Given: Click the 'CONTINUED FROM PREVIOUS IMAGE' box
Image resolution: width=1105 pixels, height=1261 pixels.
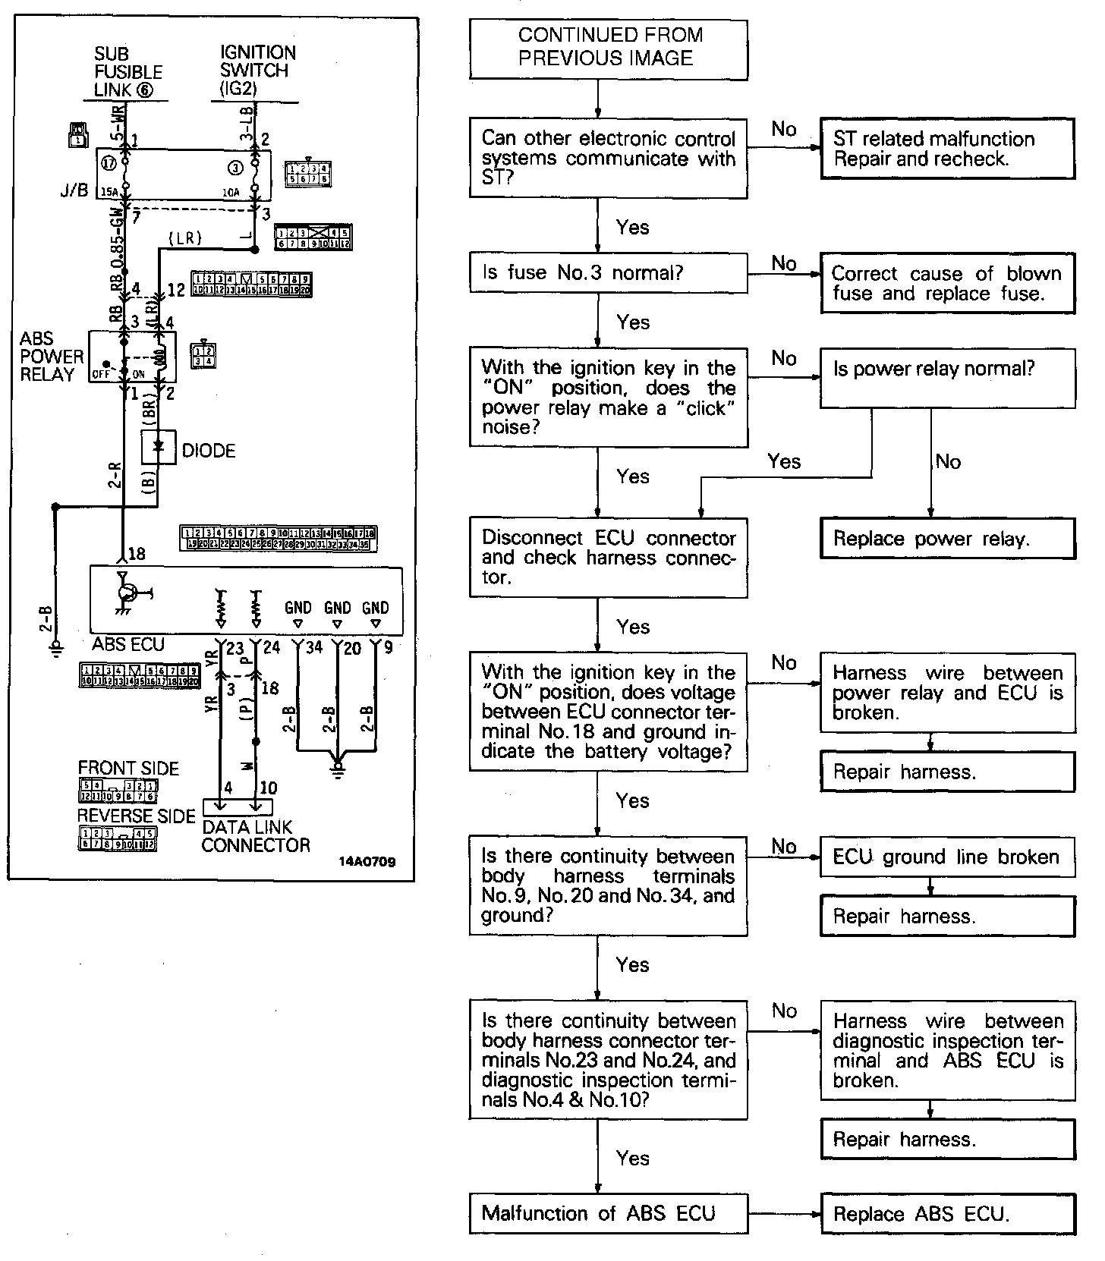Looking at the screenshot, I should (608, 49).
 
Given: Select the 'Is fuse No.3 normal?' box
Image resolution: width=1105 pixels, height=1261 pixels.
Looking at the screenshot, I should (608, 272).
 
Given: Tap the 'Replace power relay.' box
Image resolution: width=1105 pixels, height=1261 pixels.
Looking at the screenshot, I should (947, 539).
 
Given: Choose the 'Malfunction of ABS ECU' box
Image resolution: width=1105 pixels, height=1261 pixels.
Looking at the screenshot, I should (608, 1213).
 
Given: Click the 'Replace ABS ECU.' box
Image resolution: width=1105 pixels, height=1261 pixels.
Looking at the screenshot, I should (947, 1214).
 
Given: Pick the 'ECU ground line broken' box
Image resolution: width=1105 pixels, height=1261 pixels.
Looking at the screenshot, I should (947, 857).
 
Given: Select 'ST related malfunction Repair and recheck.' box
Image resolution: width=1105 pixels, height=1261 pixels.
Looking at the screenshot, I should (947, 149).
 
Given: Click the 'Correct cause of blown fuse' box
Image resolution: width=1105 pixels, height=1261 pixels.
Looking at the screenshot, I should (947, 284).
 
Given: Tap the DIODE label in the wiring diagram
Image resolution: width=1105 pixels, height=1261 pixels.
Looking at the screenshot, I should (209, 451).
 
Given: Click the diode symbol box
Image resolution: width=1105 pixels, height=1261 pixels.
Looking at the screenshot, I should (159, 448).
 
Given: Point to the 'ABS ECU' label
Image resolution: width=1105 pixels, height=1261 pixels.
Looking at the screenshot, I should (128, 644).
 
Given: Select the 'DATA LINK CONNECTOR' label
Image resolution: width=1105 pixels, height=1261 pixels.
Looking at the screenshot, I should (256, 836).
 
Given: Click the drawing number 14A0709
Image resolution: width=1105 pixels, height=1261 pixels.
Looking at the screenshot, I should (367, 862).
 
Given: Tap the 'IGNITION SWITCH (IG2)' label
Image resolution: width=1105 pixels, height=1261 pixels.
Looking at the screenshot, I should (258, 71).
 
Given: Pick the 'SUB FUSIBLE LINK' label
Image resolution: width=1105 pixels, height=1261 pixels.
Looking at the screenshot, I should (127, 72).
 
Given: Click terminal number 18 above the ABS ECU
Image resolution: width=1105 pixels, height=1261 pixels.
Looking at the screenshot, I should (137, 554).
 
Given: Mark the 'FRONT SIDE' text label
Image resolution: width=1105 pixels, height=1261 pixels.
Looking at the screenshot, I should (128, 769).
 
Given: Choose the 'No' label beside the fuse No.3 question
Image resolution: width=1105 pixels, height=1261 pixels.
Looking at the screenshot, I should (784, 263).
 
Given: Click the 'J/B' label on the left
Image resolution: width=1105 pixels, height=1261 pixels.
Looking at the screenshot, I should (74, 190).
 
